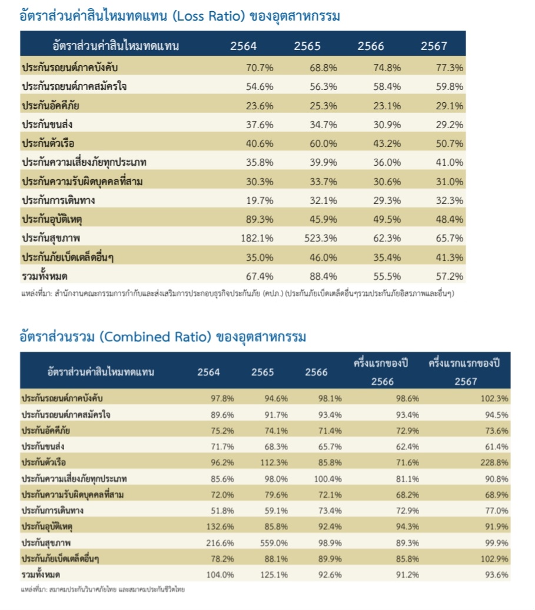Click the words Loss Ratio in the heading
click(202, 16)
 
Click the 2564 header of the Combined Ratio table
click(208, 372)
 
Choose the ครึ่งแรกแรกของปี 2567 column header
click(468, 371)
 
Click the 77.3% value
click(450, 68)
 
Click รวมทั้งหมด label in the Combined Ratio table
click(42, 574)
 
